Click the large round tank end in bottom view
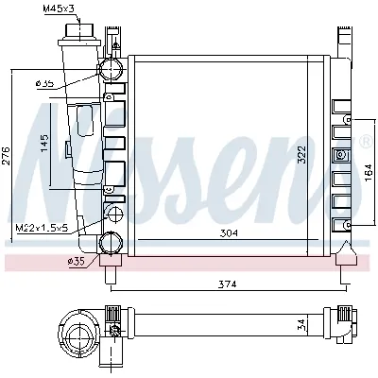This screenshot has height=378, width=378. click(77, 327)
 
